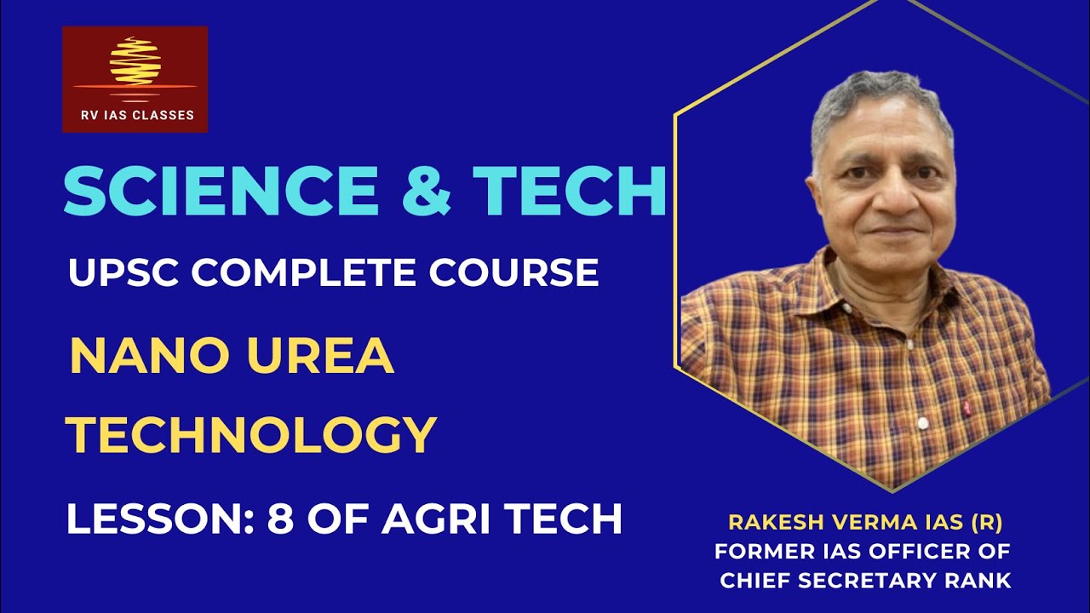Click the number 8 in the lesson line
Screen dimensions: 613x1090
pyautogui.click(x=280, y=519)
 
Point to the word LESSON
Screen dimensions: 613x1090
pyautogui.click(x=158, y=519)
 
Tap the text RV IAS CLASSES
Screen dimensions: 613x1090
pyautogui.click(x=135, y=115)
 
